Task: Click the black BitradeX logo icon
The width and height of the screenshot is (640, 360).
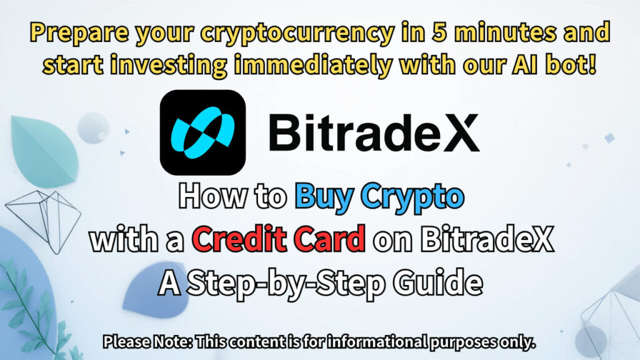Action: click(x=202, y=132)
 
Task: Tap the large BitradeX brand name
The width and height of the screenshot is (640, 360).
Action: click(x=374, y=133)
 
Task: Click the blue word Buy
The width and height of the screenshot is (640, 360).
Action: click(x=322, y=198)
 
